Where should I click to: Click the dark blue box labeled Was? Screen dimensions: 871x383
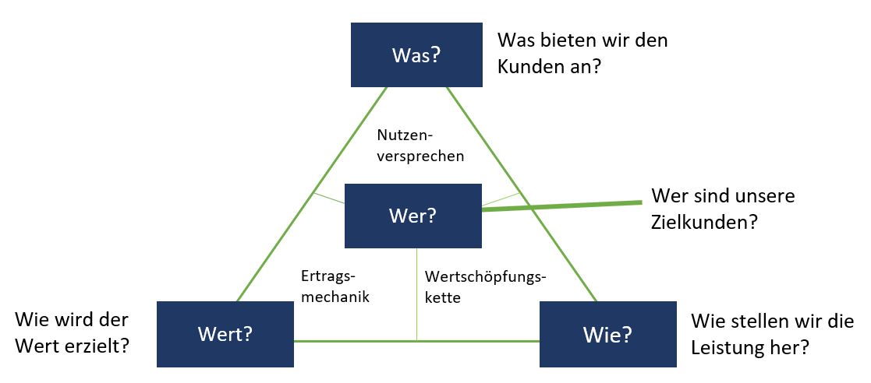pos(416,54)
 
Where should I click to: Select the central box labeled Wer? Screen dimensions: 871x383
pos(413,216)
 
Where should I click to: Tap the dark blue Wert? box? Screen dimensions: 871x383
pos(225,334)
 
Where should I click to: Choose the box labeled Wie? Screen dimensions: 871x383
pos(608,334)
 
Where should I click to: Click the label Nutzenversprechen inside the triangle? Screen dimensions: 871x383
pos(420,146)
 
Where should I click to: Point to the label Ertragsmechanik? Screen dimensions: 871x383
pos(335,286)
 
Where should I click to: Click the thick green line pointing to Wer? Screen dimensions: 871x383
pos(561,206)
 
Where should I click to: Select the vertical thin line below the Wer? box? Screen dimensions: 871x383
pos(416,293)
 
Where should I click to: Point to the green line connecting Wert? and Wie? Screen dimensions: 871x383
pos(416,341)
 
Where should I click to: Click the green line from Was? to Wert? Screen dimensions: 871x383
pos(312,194)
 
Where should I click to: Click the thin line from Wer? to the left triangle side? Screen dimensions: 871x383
pos(329,198)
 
